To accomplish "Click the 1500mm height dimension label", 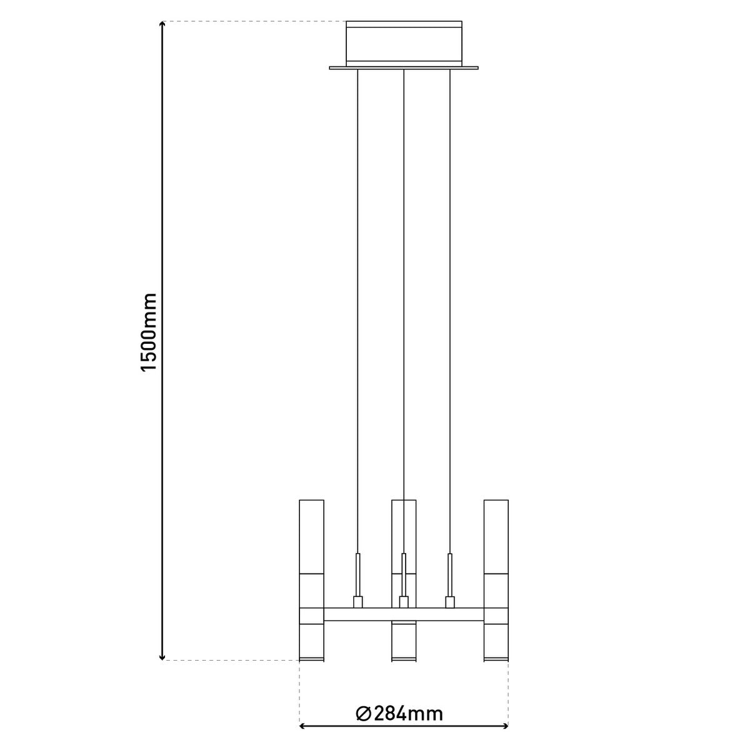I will point(149,332).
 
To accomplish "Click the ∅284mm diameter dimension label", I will point(399,714).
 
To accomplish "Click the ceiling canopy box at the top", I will point(404,42).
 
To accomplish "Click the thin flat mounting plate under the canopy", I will point(404,67).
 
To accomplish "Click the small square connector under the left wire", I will point(358,602).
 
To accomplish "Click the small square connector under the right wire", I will point(449,602).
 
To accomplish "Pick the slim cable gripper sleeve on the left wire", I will point(358,574).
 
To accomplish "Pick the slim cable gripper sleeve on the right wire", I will point(449,574).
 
